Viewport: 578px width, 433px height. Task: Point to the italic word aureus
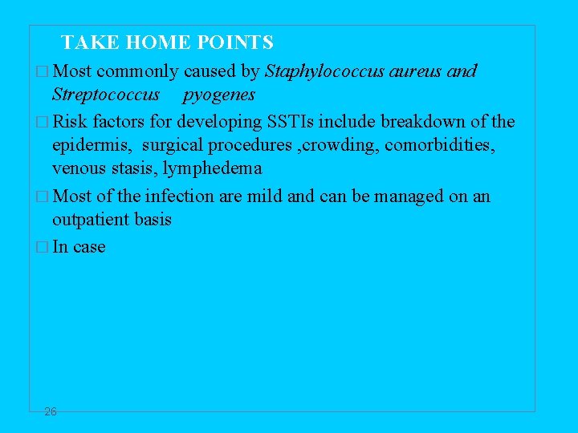[x=417, y=71]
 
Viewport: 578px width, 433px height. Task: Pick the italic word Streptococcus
[x=106, y=95]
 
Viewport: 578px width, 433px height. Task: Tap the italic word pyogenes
[x=219, y=95]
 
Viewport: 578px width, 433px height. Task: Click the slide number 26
[x=51, y=411]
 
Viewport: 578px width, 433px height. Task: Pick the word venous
[x=78, y=169]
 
